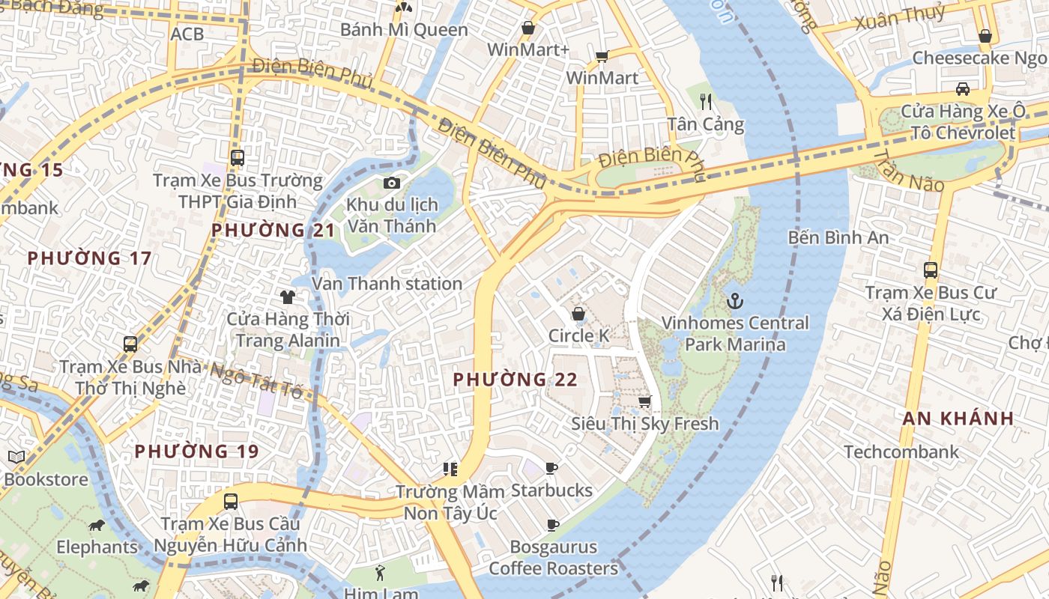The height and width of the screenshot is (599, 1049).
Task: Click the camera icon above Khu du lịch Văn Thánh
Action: (x=391, y=183)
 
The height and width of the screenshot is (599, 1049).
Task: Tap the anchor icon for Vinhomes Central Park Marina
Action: (x=735, y=302)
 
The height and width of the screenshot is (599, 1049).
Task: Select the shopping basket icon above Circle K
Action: (x=578, y=314)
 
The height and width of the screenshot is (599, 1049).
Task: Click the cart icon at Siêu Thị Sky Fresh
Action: (x=644, y=402)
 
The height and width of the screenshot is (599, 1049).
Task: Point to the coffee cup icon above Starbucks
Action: (x=551, y=469)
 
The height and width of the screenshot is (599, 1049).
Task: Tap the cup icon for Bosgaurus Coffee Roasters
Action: (x=553, y=525)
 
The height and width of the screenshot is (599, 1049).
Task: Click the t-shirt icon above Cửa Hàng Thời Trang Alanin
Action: (x=288, y=297)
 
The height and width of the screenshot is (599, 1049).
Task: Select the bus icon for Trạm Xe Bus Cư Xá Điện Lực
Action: (x=931, y=270)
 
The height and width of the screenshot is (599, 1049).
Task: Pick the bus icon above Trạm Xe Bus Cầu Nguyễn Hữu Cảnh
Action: (x=231, y=502)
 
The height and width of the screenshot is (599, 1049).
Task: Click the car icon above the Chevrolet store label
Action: (x=963, y=89)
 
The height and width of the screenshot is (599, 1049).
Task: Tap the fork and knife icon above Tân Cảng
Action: (x=706, y=101)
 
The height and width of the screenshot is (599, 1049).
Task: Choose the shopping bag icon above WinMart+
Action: (x=528, y=28)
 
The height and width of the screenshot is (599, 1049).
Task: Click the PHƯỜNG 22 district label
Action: (x=516, y=380)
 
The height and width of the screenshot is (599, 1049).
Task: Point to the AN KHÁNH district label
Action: (x=958, y=419)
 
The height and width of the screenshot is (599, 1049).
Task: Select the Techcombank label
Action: (x=901, y=451)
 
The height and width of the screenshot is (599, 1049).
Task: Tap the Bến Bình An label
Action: (x=838, y=237)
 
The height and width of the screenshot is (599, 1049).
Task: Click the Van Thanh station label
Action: (x=387, y=284)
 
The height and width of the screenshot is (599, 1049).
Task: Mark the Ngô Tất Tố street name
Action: (x=256, y=380)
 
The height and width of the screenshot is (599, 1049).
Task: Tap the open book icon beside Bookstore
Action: (x=16, y=457)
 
